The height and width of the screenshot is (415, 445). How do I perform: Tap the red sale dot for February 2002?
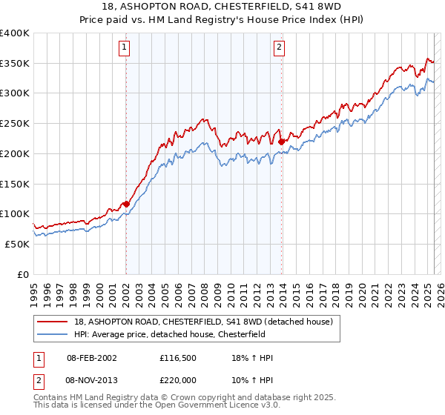(126, 204)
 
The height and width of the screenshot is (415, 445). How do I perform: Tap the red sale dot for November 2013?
(282, 141)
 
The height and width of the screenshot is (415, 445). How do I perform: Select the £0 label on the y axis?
(24, 274)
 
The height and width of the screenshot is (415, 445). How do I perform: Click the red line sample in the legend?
(53, 321)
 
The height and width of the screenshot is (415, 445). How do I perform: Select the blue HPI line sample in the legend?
(53, 333)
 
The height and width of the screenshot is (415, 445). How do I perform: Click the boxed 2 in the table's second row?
(38, 379)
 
